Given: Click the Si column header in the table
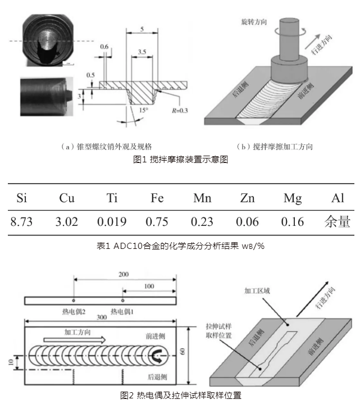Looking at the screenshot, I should coord(22,197).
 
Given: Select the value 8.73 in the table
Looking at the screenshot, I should coord(22,221).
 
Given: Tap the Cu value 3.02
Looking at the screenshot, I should coord(67,221).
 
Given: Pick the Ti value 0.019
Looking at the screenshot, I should coord(112,221).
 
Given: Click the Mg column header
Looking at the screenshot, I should coord(292,197).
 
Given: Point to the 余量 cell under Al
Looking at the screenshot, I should coord(337,221).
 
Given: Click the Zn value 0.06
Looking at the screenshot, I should coord(247,221).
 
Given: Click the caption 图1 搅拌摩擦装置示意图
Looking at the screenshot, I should coord(180,159).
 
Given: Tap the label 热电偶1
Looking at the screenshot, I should coord(122,311).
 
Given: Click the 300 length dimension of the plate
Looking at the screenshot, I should coord(101,317).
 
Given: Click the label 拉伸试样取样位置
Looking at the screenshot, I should coord(219,330).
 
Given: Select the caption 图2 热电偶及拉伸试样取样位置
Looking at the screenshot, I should coord(180,396).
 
